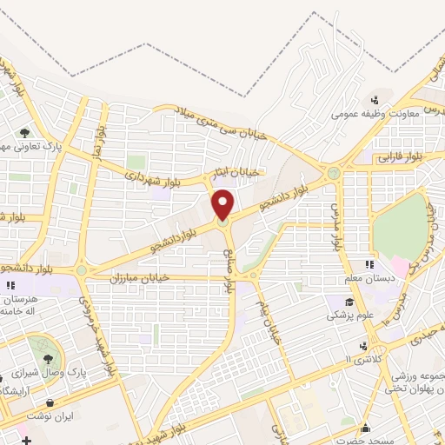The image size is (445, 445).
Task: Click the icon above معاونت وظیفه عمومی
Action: (375, 99)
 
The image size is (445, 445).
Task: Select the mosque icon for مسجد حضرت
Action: (366, 427)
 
